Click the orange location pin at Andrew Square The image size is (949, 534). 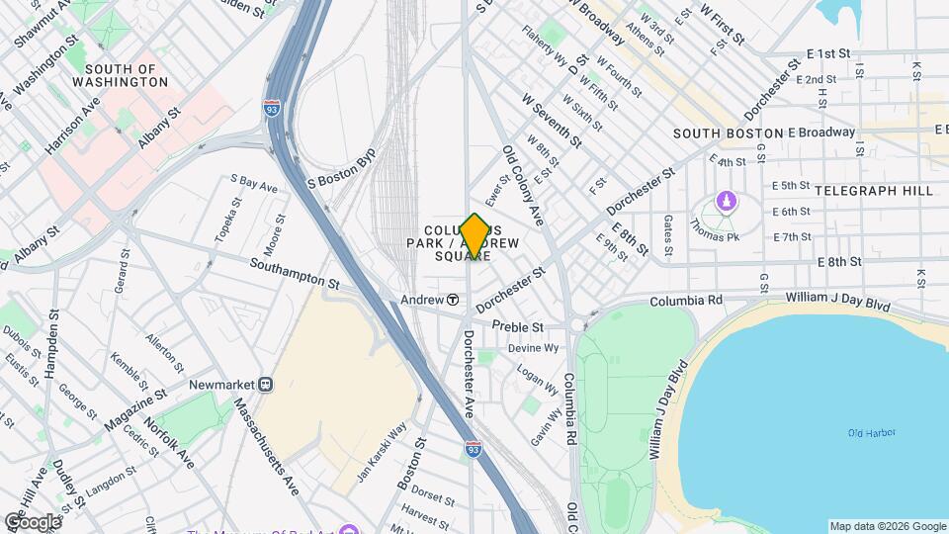click(x=474, y=237)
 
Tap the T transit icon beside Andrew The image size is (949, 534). click(x=453, y=300)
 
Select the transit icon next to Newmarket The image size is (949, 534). click(x=265, y=384)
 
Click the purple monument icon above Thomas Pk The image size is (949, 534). click(x=728, y=202)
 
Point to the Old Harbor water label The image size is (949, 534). click(x=871, y=433)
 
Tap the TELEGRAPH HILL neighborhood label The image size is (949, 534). click(x=873, y=188)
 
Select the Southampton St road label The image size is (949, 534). click(x=295, y=274)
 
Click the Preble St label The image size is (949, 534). click(x=518, y=326)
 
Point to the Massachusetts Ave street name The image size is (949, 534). click(x=265, y=446)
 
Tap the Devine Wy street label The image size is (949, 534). click(x=534, y=348)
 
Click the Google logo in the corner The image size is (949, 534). click(x=32, y=521)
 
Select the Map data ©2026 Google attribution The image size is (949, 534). click(x=887, y=526)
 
